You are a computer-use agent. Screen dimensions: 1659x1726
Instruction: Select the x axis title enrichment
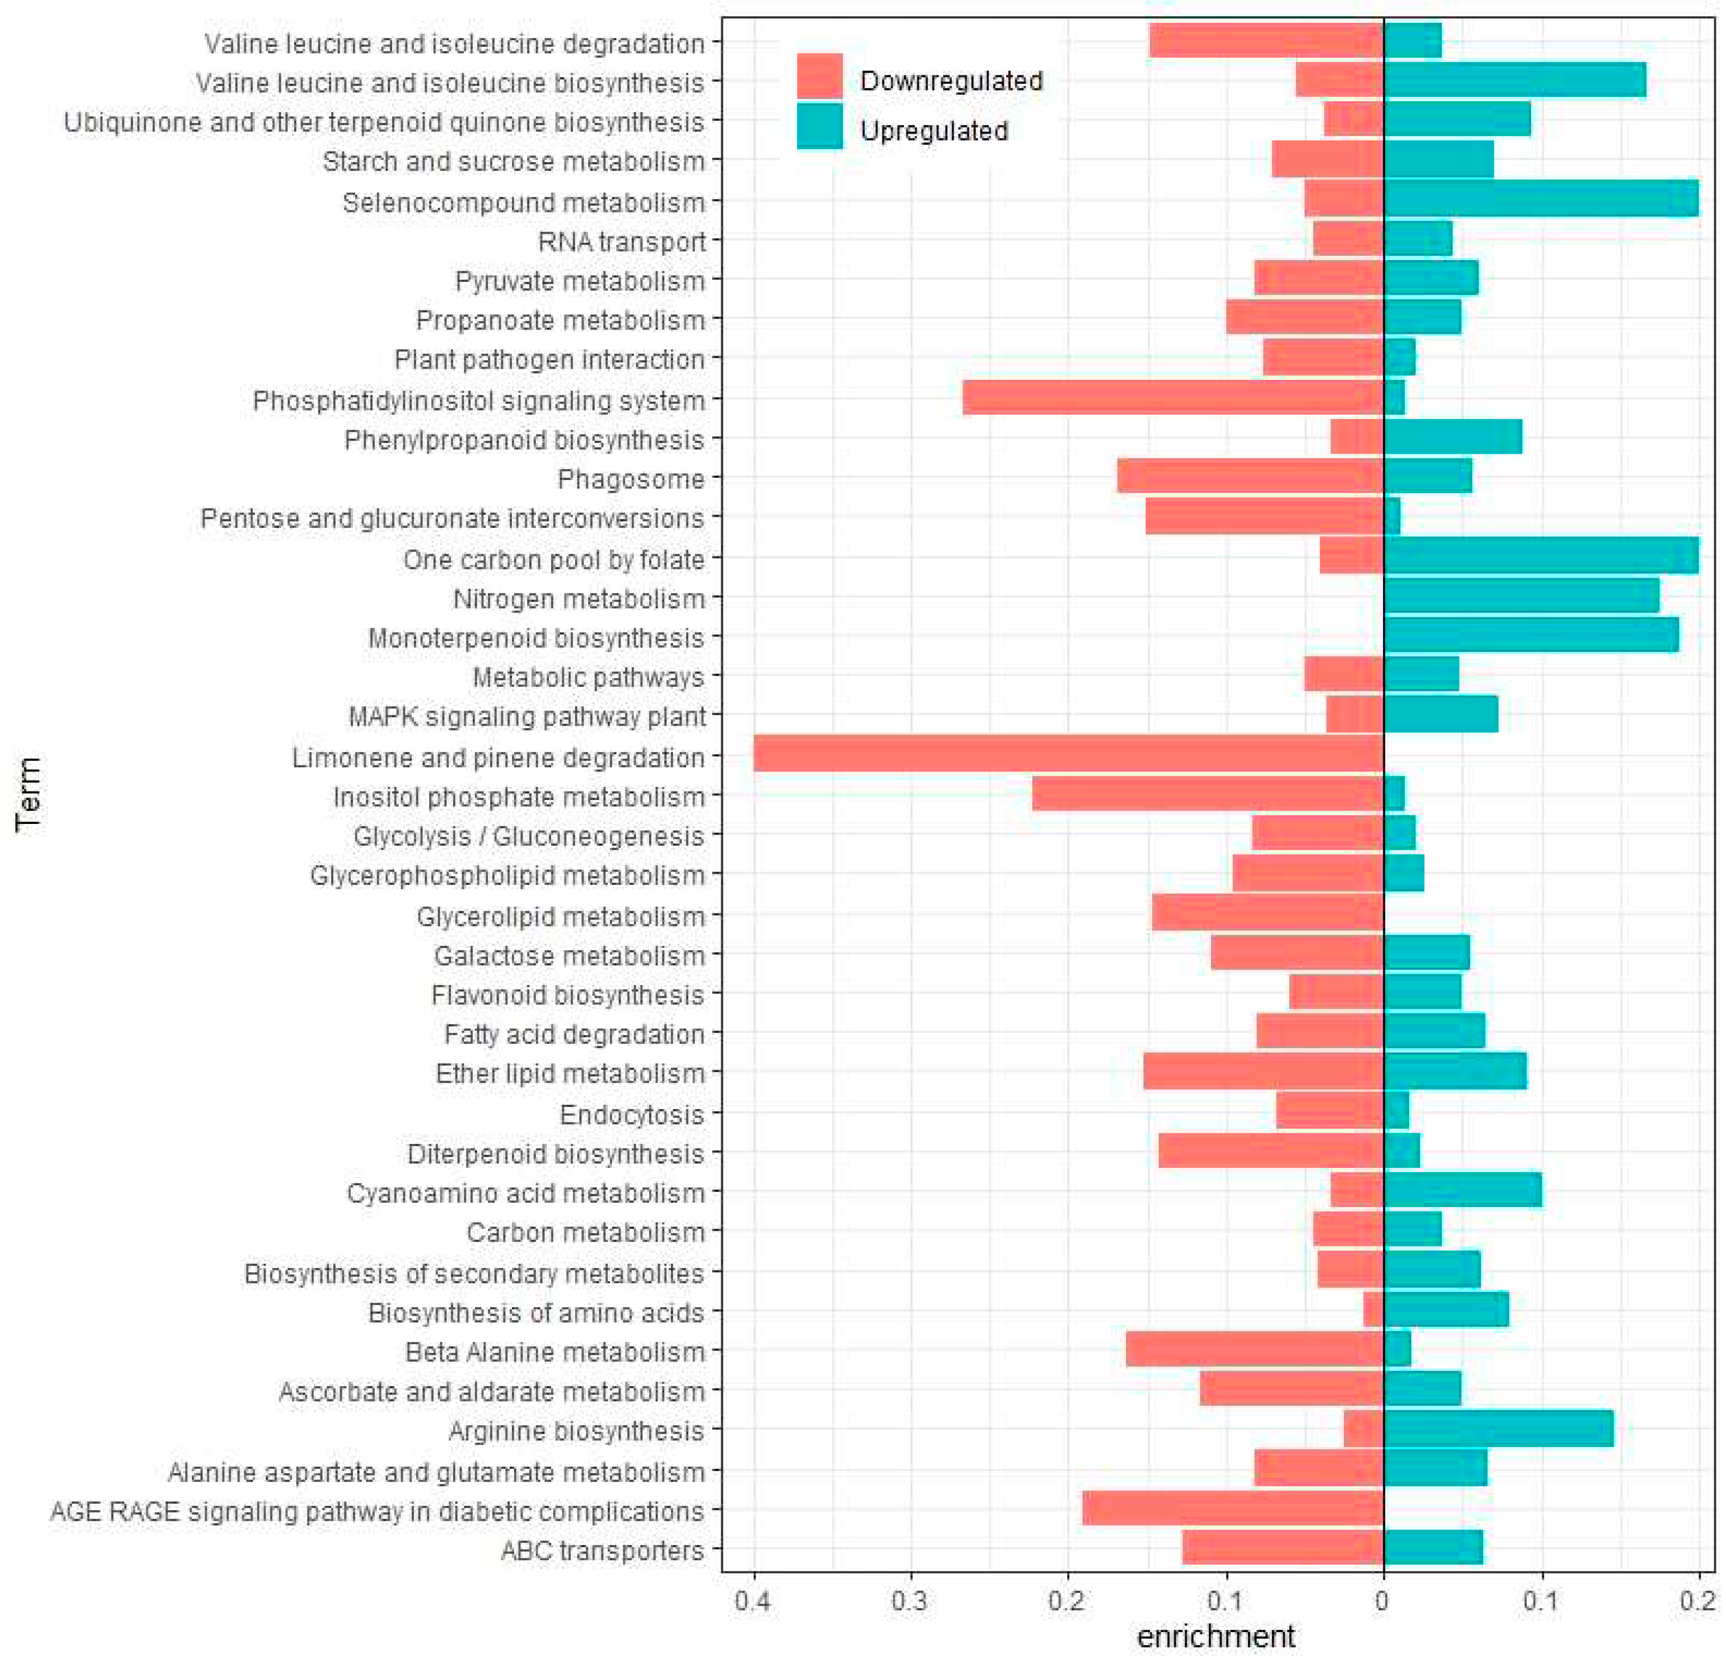pyautogui.click(x=1215, y=1636)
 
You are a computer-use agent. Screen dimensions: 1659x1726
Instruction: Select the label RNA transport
pyautogui.click(x=622, y=241)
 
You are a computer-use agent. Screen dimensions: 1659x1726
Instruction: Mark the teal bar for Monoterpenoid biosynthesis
pyautogui.click(x=1530, y=637)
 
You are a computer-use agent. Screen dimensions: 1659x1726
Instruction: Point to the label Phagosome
pyautogui.click(x=631, y=479)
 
